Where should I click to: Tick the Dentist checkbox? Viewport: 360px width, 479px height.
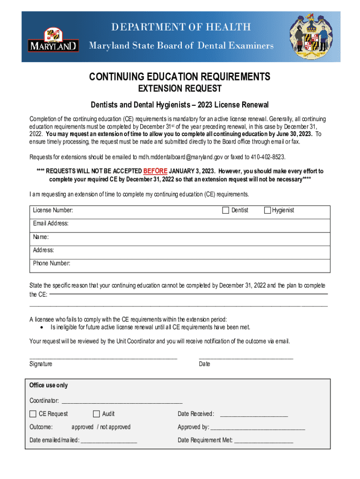tap(225, 210)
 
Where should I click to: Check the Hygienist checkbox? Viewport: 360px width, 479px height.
tap(267, 210)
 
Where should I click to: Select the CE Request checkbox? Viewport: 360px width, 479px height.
tap(33, 414)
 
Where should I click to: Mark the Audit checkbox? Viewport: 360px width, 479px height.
tap(96, 414)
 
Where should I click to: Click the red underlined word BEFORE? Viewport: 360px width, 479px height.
tap(155, 171)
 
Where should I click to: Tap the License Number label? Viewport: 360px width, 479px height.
tap(53, 210)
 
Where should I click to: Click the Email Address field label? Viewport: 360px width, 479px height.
tap(51, 224)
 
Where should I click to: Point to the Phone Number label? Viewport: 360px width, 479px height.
tap(51, 263)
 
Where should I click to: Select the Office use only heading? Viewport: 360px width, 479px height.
tap(49, 385)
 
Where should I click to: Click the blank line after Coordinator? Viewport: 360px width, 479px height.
tap(122, 401)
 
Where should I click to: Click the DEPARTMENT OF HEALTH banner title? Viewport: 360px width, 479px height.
tap(181, 27)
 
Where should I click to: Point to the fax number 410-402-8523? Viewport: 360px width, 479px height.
tap(268, 157)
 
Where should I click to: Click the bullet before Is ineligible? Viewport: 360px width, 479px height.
tap(43, 327)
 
